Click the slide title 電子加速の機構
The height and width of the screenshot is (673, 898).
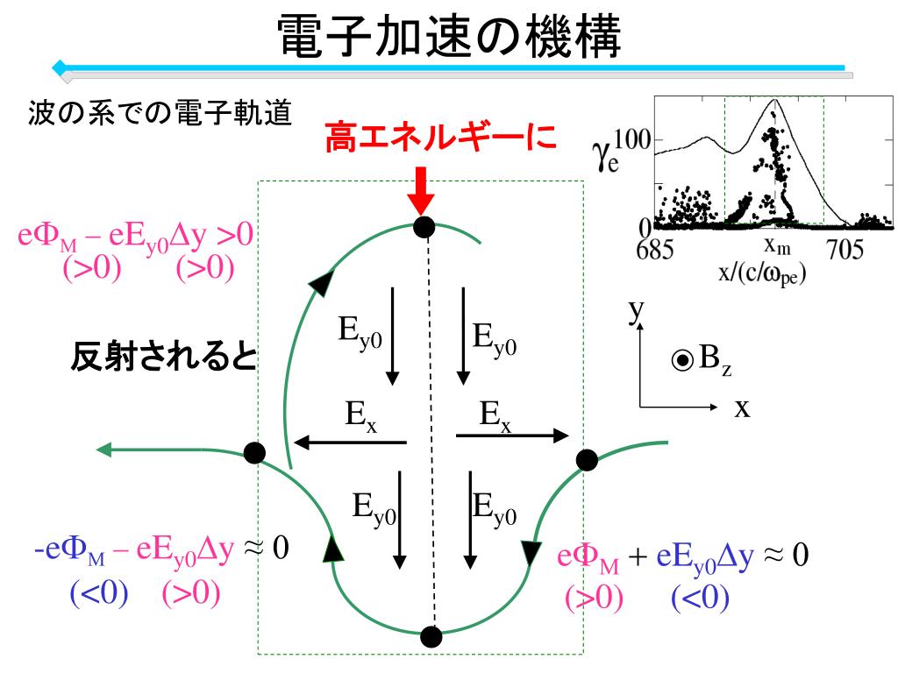449,36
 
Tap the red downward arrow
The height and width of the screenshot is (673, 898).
421,191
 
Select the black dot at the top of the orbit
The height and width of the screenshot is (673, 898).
424,227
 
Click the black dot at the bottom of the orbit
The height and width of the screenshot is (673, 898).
431,636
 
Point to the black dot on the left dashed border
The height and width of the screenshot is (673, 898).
254,453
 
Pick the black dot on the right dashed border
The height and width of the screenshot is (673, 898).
587,460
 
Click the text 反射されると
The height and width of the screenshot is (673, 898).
164,356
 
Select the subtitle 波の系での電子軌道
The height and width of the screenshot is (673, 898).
160,112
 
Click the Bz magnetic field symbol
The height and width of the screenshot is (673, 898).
702,359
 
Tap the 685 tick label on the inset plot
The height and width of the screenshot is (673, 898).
654,249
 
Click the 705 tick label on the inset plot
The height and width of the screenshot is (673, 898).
845,249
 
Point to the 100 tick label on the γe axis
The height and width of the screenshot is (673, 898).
632,139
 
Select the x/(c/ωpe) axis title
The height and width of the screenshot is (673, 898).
762,273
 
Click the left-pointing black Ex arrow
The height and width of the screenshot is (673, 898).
350,443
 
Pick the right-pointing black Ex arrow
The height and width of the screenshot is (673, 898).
512,436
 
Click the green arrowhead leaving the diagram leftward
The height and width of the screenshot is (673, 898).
103,450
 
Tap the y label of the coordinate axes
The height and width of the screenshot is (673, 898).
637,311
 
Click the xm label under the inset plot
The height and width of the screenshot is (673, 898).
777,245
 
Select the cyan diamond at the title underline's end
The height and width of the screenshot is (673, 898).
60,67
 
